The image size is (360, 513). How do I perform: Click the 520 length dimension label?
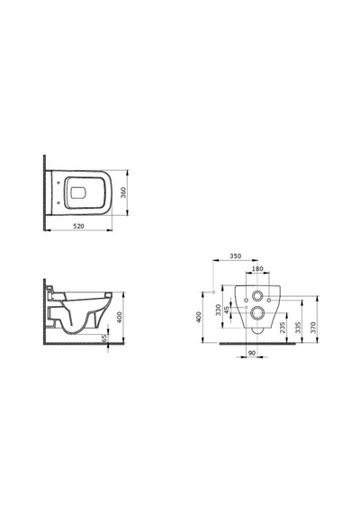tap(78, 226)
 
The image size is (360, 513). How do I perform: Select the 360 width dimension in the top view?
tap(123, 193)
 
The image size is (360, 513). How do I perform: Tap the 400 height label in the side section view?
tap(120, 318)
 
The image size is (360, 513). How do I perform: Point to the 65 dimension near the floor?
tap(104, 338)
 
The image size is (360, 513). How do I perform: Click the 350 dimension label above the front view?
tap(235, 256)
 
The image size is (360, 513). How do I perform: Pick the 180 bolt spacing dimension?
tap(258, 269)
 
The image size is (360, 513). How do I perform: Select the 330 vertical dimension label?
tap(219, 310)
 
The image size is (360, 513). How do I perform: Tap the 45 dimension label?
tap(227, 310)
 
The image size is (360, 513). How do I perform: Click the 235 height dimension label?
tap(283, 328)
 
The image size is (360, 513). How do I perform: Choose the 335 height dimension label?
tap(298, 328)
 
